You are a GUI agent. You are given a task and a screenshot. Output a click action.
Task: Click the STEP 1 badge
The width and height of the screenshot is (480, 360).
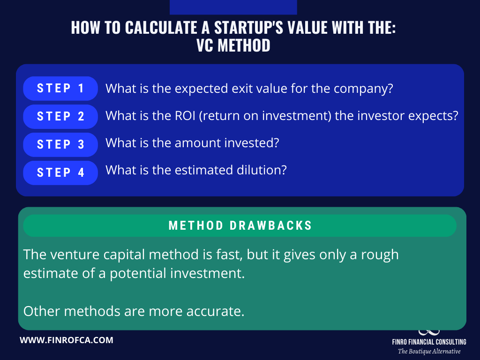click(60, 89)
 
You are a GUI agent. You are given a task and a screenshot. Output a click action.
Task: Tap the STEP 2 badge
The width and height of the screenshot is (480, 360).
click(60, 117)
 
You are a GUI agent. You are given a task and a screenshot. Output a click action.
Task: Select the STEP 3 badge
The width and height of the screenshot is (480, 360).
click(60, 144)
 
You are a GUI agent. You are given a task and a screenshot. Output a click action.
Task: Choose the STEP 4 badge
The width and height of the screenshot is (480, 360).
click(60, 172)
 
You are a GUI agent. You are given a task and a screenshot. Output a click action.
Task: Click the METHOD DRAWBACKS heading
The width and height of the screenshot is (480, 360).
click(240, 225)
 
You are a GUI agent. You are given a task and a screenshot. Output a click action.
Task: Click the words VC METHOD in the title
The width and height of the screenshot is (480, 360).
click(233, 45)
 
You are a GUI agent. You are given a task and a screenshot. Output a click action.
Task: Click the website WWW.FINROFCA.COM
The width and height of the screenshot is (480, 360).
click(67, 340)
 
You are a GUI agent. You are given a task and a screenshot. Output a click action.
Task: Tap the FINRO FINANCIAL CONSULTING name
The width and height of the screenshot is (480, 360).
click(429, 342)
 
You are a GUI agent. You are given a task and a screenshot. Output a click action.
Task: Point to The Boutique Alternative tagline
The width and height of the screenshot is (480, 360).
click(429, 351)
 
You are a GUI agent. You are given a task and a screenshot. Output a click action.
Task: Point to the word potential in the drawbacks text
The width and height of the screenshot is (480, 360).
click(138, 274)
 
